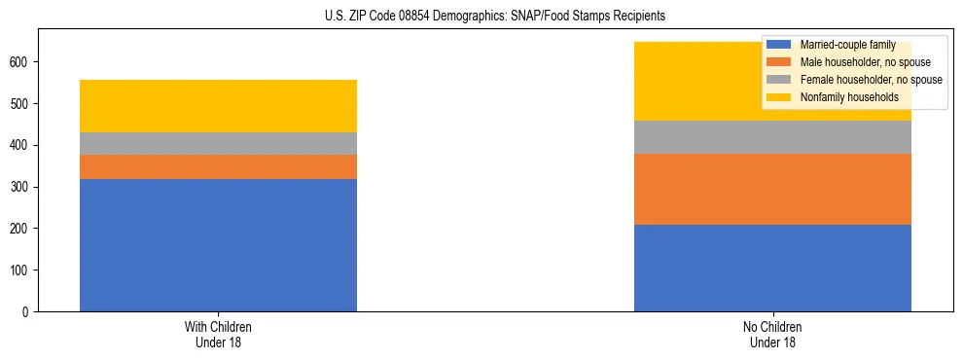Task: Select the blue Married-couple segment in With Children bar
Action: (x=218, y=245)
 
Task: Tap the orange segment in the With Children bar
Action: (x=218, y=166)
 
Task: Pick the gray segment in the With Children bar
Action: (x=218, y=143)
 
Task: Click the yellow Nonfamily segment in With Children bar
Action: (x=218, y=106)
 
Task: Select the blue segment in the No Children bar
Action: (x=772, y=268)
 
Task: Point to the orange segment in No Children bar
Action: (x=772, y=189)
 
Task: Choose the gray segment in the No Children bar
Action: (x=772, y=137)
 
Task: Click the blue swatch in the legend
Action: (x=779, y=45)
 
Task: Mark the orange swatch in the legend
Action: (x=779, y=62)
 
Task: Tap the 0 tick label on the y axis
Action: (x=29, y=311)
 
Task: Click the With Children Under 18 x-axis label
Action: (x=218, y=334)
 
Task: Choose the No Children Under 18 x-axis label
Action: (x=772, y=334)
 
